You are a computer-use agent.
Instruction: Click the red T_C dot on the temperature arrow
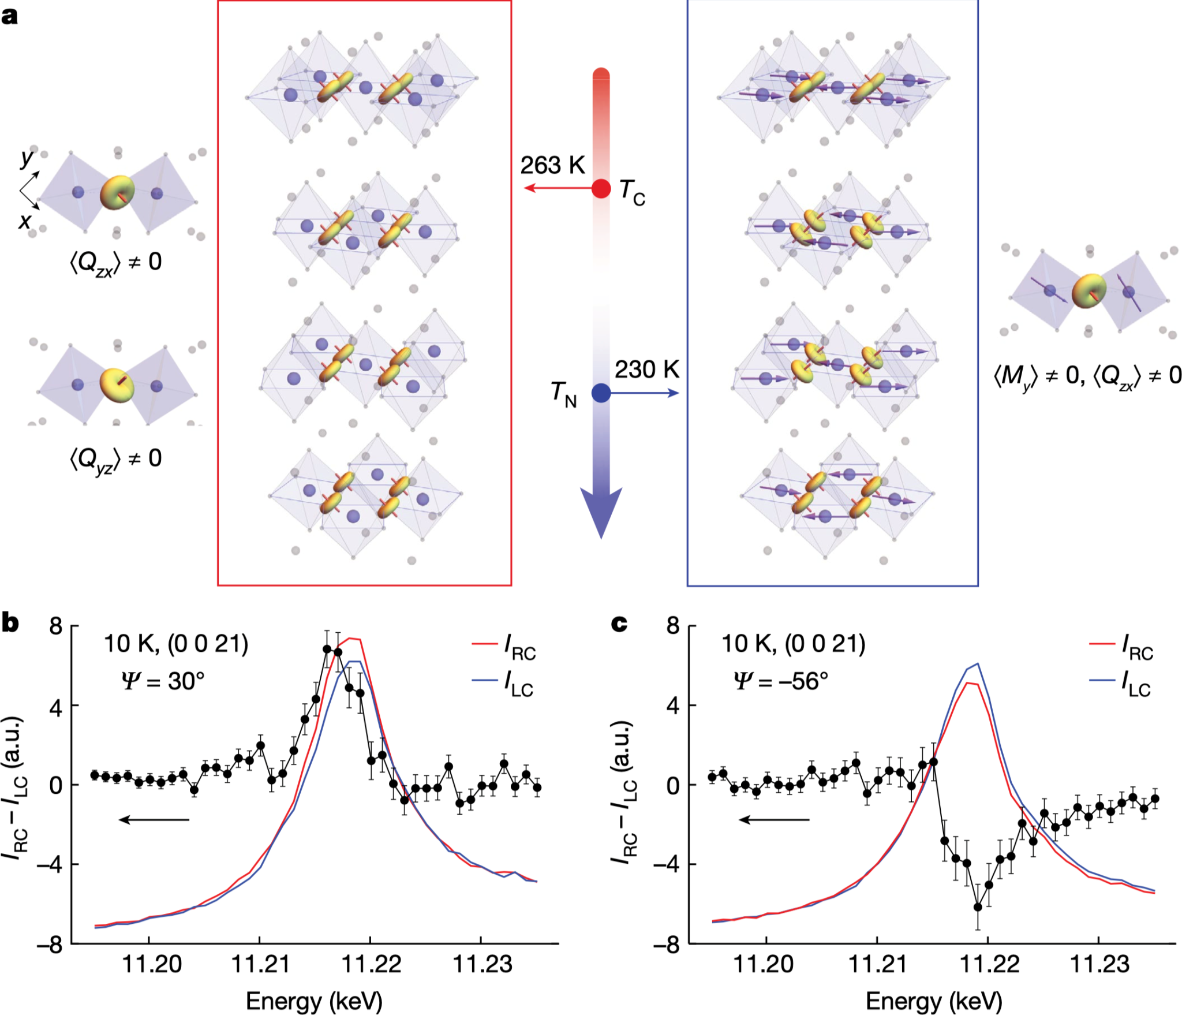pyautogui.click(x=601, y=188)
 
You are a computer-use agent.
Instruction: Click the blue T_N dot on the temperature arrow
pyautogui.click(x=601, y=393)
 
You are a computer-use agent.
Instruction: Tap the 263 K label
pyautogui.click(x=552, y=166)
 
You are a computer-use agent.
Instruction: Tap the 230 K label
pyautogui.click(x=646, y=370)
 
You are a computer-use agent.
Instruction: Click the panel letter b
pyautogui.click(x=10, y=624)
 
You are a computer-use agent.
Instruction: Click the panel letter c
pyautogui.click(x=619, y=624)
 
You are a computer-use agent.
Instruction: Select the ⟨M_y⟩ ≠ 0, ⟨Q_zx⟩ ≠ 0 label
pyautogui.click(x=1087, y=376)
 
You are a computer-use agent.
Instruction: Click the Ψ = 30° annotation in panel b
pyautogui.click(x=163, y=682)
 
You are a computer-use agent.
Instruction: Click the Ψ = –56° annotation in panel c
pyautogui.click(x=780, y=682)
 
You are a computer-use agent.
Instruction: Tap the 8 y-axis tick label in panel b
pyautogui.click(x=56, y=626)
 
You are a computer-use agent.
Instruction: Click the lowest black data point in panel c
pyautogui.click(x=978, y=907)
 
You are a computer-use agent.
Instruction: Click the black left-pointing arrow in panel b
pyautogui.click(x=154, y=819)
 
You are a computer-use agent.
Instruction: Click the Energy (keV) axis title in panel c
pyautogui.click(x=933, y=1001)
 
